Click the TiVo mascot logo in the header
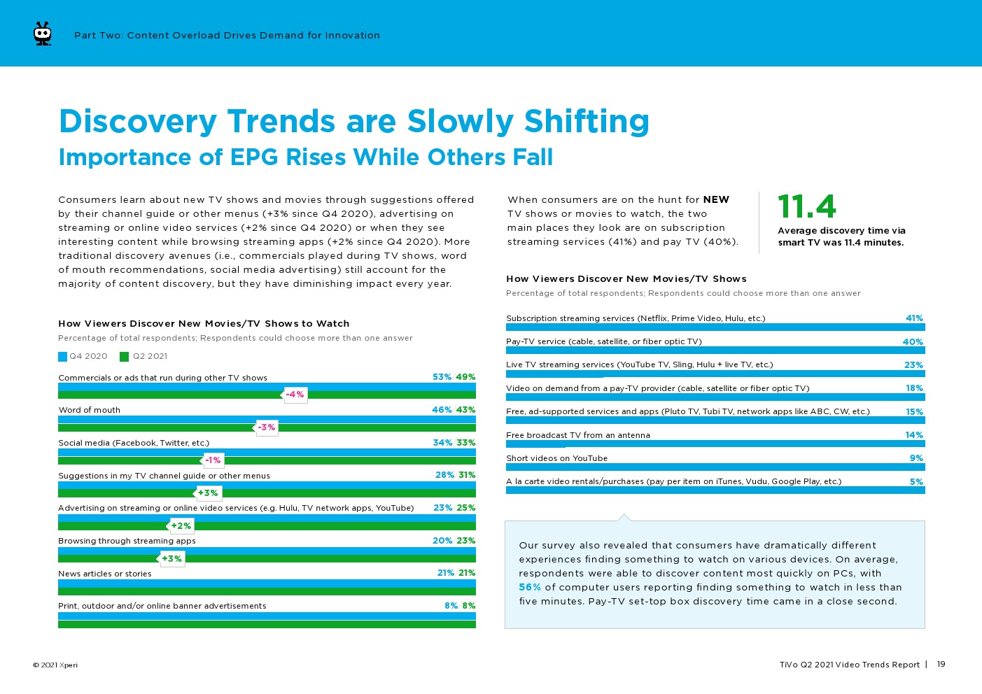pyautogui.click(x=43, y=34)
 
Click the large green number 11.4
pyautogui.click(x=806, y=206)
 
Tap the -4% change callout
pyautogui.click(x=295, y=395)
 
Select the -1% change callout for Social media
pyautogui.click(x=213, y=460)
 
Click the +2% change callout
pyautogui.click(x=181, y=525)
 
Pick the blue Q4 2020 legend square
pyautogui.click(x=63, y=357)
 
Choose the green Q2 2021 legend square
pyautogui.click(x=125, y=357)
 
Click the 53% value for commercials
pyautogui.click(x=442, y=377)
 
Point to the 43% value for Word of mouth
pyautogui.click(x=465, y=410)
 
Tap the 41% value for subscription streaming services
pyautogui.click(x=914, y=318)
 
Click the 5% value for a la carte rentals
pyautogui.click(x=916, y=482)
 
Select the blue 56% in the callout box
pyautogui.click(x=530, y=588)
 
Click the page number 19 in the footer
pyautogui.click(x=941, y=665)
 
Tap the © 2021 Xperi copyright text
pyautogui.click(x=55, y=665)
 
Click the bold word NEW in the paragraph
pyautogui.click(x=716, y=200)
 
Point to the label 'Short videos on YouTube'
pyautogui.click(x=557, y=458)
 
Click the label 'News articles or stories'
pyautogui.click(x=105, y=574)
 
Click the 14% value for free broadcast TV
pyautogui.click(x=914, y=435)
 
